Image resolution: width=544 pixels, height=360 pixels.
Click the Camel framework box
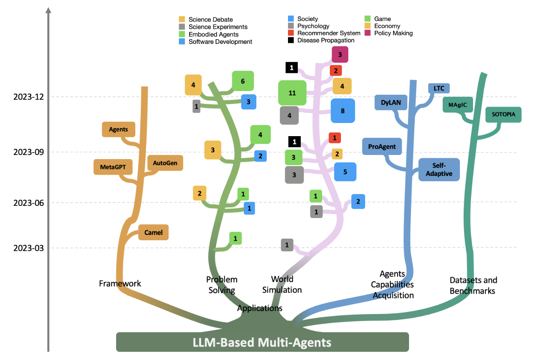click(153, 232)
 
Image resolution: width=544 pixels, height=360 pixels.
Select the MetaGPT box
click(113, 167)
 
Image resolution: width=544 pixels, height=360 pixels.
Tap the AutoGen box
click(165, 163)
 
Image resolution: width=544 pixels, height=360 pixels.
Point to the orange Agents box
click(118, 130)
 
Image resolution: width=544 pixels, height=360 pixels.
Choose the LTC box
click(439, 88)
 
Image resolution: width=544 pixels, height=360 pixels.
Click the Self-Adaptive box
click(439, 169)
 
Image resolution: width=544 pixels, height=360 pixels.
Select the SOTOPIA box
click(503, 114)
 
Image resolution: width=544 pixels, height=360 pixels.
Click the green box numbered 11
click(292, 93)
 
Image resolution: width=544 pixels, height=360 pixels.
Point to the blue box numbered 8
click(343, 110)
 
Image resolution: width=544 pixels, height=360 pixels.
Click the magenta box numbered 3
click(340, 54)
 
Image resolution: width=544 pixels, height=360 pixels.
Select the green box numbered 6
click(243, 81)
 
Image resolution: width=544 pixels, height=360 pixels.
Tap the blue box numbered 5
click(345, 172)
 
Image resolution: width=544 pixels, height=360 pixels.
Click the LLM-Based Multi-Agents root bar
click(263, 342)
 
